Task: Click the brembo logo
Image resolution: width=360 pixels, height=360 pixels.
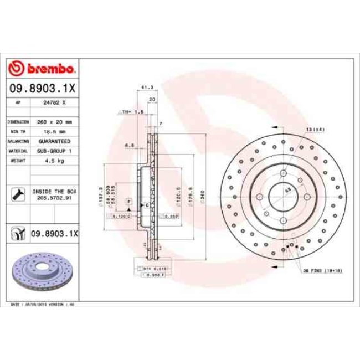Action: pyautogui.click(x=42, y=69)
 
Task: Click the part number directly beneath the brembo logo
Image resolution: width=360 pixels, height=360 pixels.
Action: pyautogui.click(x=42, y=88)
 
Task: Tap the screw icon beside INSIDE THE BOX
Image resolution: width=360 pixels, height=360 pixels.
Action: pyautogui.click(x=18, y=194)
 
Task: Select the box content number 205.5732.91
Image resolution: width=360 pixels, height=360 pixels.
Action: pyautogui.click(x=55, y=198)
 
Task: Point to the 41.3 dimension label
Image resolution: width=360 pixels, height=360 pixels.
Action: pyautogui.click(x=147, y=87)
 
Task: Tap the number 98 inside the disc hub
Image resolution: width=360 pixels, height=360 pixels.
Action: pyautogui.click(x=287, y=189)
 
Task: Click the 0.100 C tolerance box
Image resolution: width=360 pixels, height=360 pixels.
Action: pyautogui.click(x=123, y=217)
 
